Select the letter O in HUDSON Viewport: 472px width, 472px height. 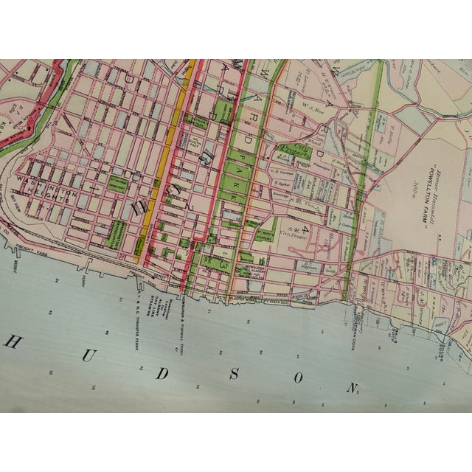pyautogui.click(x=298, y=379)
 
